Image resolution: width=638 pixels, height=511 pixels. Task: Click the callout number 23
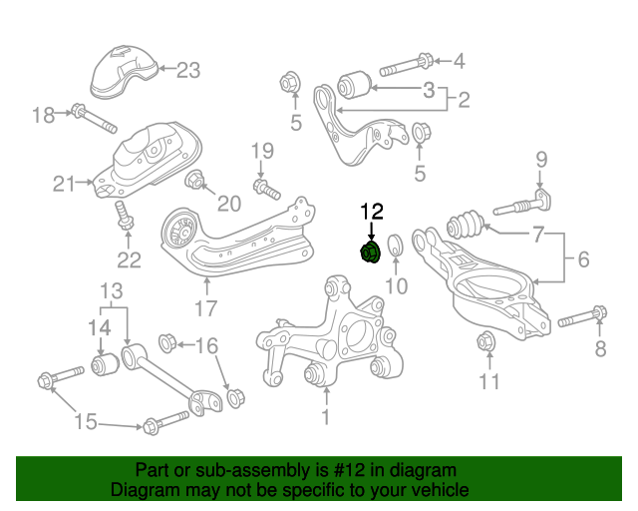[188, 70]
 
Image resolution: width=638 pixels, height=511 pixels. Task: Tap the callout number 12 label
[371, 211]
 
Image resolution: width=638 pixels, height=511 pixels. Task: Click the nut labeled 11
[486, 341]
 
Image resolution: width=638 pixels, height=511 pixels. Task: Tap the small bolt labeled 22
[125, 217]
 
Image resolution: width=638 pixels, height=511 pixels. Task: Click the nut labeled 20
[195, 181]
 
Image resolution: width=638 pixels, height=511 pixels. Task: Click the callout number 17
[206, 308]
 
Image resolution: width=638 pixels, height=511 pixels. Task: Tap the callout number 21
[65, 184]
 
